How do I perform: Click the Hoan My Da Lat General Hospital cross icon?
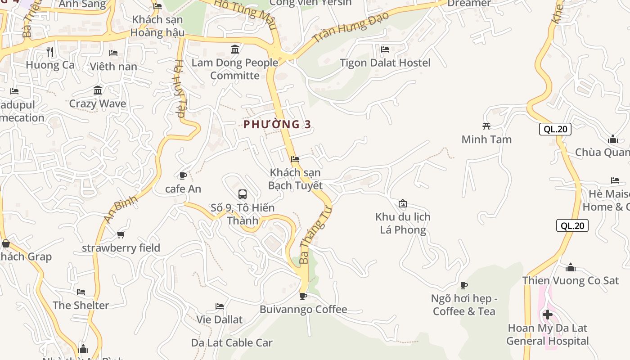point(548,314)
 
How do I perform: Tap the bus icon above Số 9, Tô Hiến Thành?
point(243,194)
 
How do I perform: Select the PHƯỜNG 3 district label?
point(277,124)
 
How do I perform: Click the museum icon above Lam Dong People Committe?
point(235,49)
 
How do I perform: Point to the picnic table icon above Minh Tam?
point(486,126)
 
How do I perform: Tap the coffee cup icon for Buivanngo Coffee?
point(303,296)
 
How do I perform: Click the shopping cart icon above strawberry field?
point(121,234)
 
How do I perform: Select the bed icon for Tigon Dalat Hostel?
point(385,49)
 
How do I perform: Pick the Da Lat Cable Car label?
point(232,343)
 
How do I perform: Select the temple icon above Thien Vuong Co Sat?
point(571,268)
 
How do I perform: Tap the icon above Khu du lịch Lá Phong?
point(403,204)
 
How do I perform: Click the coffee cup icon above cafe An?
point(183,175)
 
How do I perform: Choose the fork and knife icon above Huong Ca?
point(50,52)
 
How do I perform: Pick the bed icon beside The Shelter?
point(81,292)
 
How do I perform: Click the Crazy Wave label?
point(98,103)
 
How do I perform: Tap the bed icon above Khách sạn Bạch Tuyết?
point(295,159)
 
